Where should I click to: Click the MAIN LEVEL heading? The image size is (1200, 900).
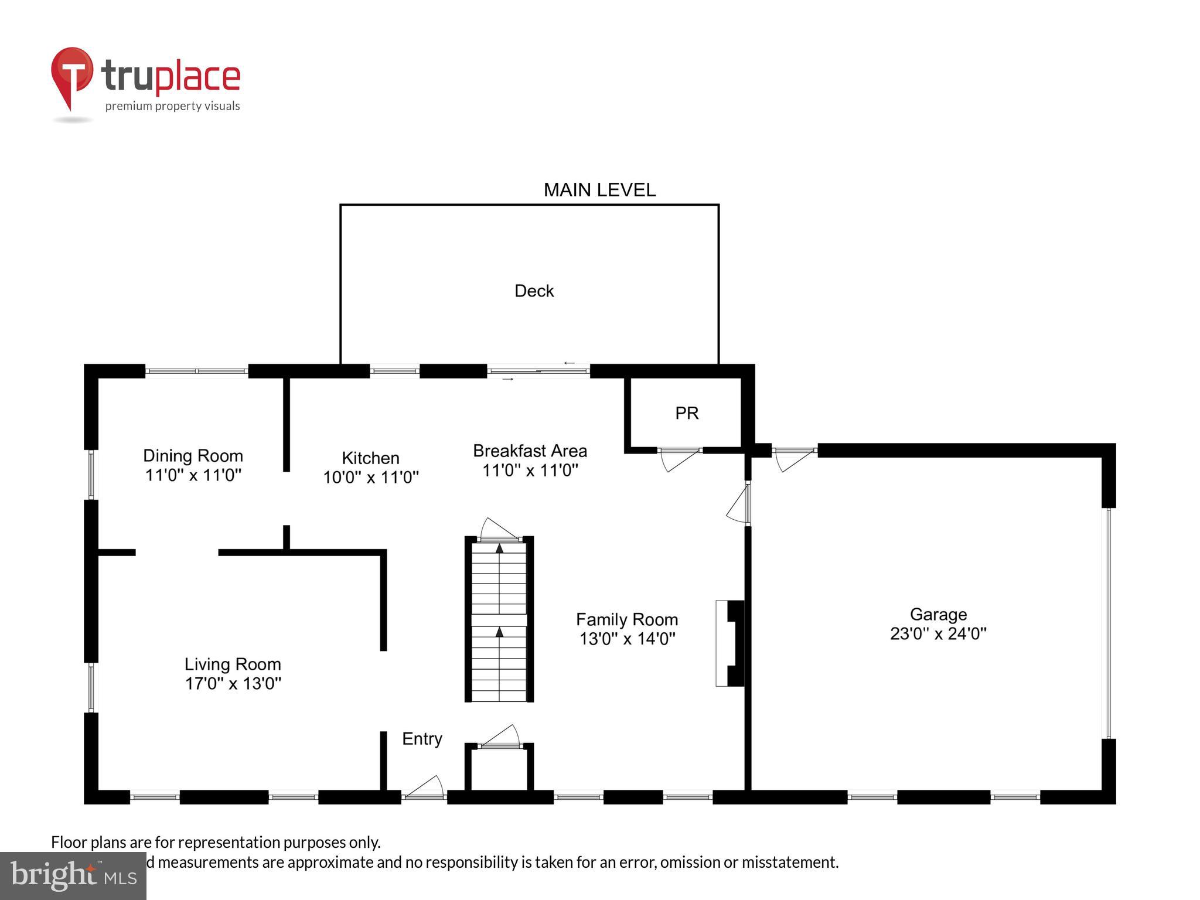coord(599,190)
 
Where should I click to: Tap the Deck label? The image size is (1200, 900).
coord(534,291)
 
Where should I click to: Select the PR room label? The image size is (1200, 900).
coord(687,413)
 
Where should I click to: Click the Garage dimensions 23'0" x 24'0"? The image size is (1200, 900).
coord(938,633)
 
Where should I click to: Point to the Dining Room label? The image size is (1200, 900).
coord(193,455)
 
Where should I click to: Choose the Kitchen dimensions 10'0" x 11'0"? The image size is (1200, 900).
coord(371,477)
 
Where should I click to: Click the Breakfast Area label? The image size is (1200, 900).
coord(530,451)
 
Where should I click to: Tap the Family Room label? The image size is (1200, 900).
coord(626,619)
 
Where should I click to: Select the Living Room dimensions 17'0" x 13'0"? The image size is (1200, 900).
coord(233,683)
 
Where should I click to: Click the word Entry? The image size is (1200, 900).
coord(422,739)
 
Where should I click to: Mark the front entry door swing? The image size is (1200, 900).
coord(425,787)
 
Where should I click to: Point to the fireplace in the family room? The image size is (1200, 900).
coord(730,643)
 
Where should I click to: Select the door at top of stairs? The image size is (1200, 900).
coord(499,530)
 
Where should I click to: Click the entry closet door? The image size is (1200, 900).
coord(499,737)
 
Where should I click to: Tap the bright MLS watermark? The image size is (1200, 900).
coord(73,875)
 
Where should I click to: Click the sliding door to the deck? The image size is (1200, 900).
coord(538,371)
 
